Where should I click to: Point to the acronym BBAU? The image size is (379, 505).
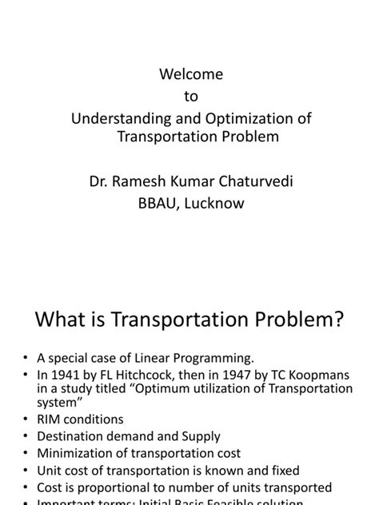coord(158,203)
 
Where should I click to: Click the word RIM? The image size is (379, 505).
coord(51,419)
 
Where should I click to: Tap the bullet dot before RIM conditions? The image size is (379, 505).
coord(26,420)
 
